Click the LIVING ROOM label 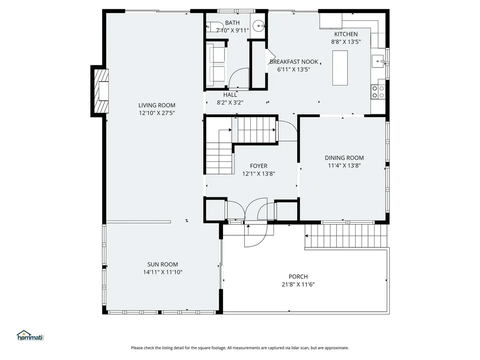coord(157,105)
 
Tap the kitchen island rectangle coord(340,68)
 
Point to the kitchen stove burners coord(378,91)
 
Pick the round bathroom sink coord(258,26)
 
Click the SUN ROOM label coord(163,264)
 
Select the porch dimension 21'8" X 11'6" coord(298,284)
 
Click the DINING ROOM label coord(344,158)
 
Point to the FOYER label coord(258,166)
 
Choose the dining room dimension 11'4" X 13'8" coord(344,165)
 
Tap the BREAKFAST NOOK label coord(294,62)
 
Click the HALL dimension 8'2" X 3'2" coord(230,102)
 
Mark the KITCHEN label coord(346,34)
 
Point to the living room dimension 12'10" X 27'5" coord(157,113)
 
